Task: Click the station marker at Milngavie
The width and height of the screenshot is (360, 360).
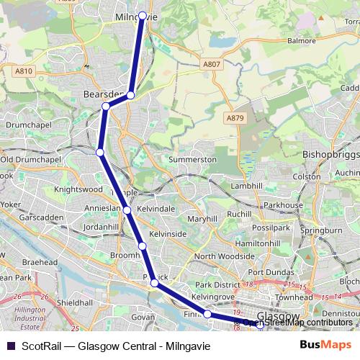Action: pos(143,15)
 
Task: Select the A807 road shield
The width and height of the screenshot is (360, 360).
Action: pos(211,64)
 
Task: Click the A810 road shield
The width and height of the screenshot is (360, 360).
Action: pos(23,71)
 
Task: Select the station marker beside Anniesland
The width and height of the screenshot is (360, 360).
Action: pos(127,210)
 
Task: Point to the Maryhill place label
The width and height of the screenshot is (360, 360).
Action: pos(202,218)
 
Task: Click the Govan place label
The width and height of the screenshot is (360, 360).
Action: pos(143,316)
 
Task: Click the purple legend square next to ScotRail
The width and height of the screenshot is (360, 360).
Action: pos(9,345)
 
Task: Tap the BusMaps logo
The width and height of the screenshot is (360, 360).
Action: pos(325,345)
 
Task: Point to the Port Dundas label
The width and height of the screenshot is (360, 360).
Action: pos(270,272)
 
